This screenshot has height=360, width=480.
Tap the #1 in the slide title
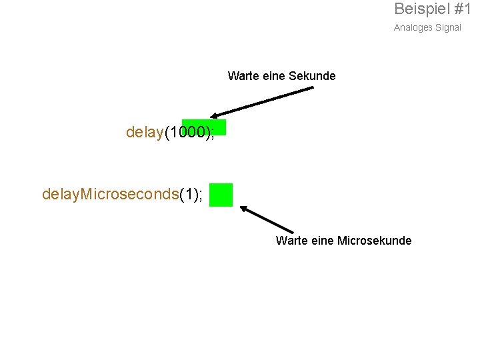point(463,9)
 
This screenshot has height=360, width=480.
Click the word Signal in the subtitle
point(448,28)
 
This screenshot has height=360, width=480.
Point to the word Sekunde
point(312,76)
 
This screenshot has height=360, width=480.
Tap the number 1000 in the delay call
point(188,133)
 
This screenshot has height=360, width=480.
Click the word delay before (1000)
point(145,133)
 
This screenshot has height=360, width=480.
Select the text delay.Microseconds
point(111,194)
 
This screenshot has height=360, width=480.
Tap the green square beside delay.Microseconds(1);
point(221,195)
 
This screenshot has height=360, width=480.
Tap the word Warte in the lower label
point(291,241)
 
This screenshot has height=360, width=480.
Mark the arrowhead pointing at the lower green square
point(245,209)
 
